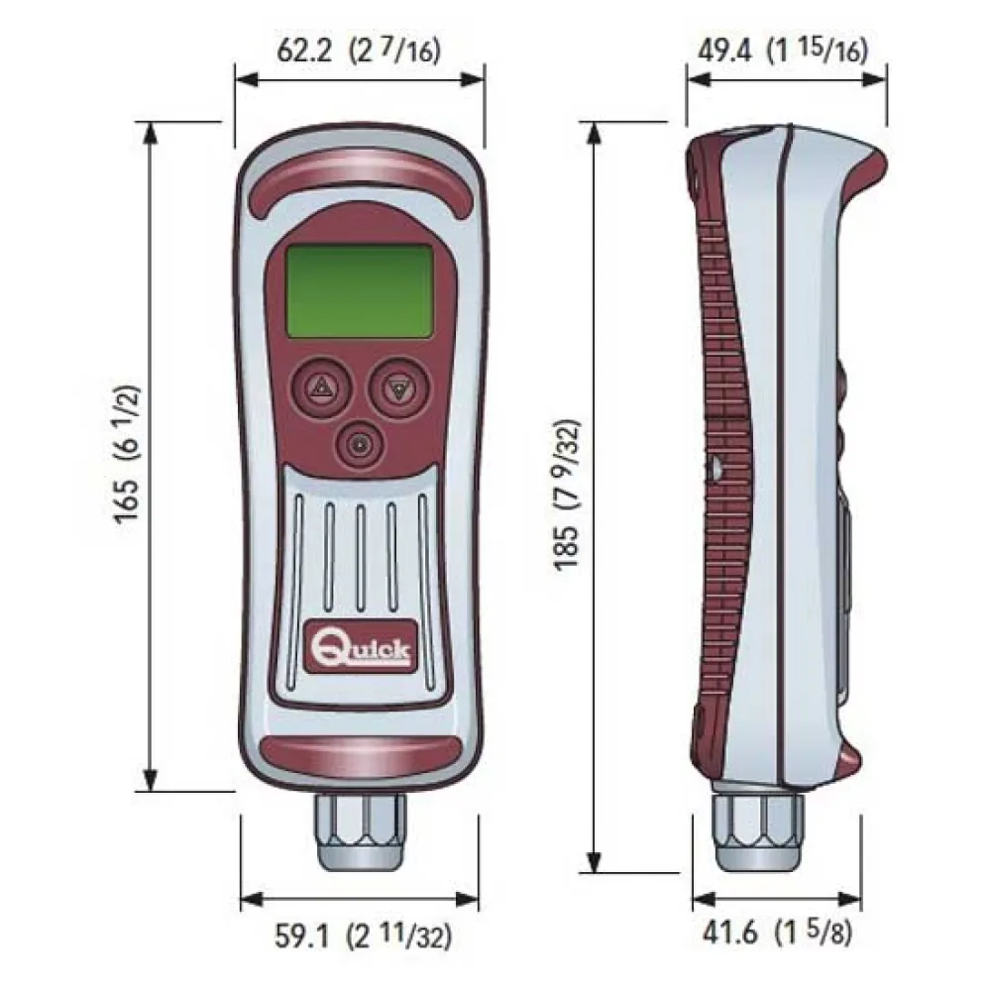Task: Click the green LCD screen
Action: pyautogui.click(x=360, y=290)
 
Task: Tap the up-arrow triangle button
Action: pyautogui.click(x=320, y=388)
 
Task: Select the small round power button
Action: pyautogui.click(x=360, y=445)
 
